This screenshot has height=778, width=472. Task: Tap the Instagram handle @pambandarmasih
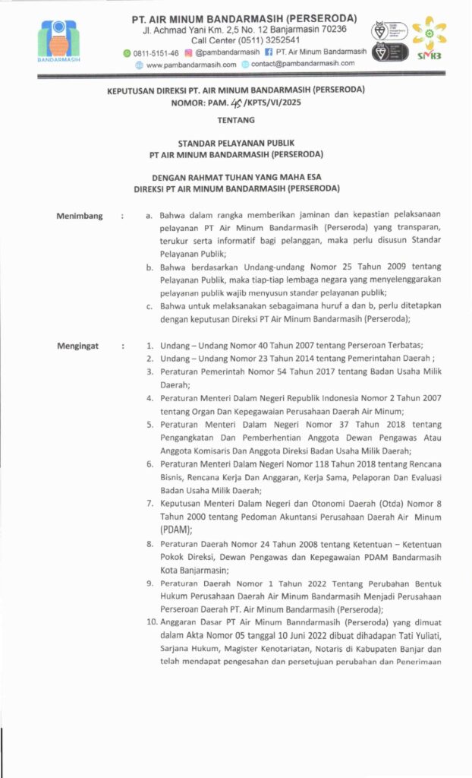228,52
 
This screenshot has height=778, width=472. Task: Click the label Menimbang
79,217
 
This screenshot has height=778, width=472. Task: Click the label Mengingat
77,346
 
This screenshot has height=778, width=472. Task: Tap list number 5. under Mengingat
149,425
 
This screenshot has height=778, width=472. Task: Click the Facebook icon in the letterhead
269,52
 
